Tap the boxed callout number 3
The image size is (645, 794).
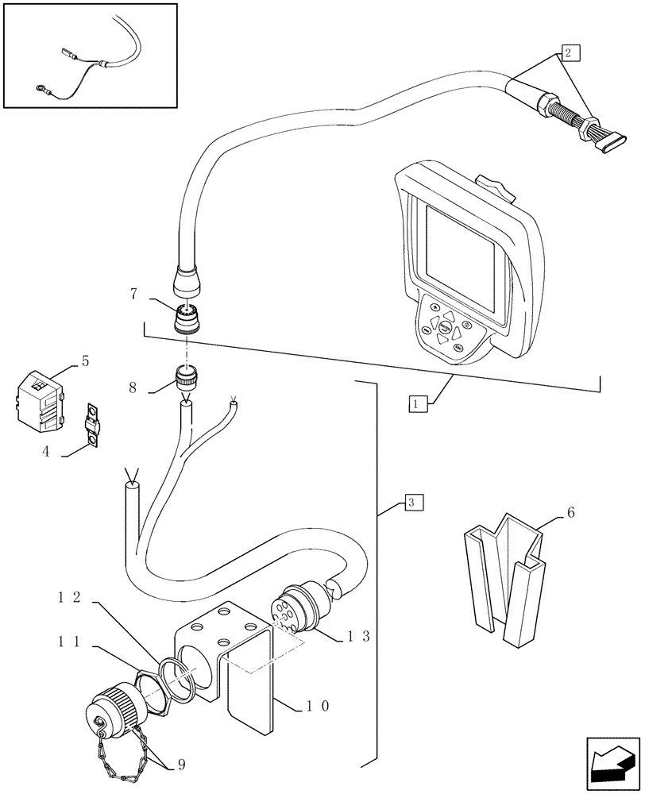click(413, 502)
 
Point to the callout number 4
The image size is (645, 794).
click(47, 451)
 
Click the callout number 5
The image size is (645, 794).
click(84, 363)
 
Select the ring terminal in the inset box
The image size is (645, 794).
click(40, 89)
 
